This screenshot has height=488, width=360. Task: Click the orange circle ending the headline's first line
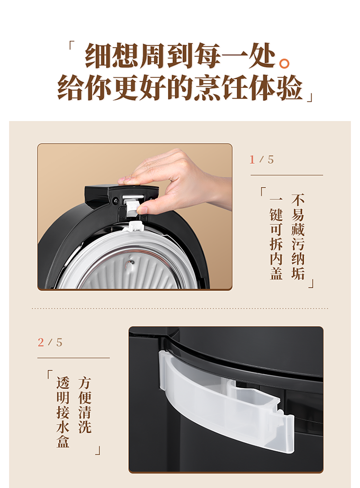pos(284,63)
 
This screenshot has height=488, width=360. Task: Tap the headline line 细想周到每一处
pos(180,56)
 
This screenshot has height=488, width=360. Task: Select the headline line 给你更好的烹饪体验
pos(180,87)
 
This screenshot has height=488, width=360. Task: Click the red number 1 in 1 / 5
pos(252,159)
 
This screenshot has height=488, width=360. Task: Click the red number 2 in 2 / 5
pos(41,342)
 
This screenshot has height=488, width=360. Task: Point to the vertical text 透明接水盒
pos(63,412)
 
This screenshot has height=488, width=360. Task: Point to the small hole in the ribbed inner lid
pos(132,262)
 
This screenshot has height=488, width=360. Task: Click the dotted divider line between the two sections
pos(180,308)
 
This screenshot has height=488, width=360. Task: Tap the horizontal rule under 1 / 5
pos(287,175)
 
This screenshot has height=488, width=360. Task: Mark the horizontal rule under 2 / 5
pos(73,358)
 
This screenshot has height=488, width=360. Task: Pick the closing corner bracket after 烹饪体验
pos(310,98)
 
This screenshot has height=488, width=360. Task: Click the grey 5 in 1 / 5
pos(271,159)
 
